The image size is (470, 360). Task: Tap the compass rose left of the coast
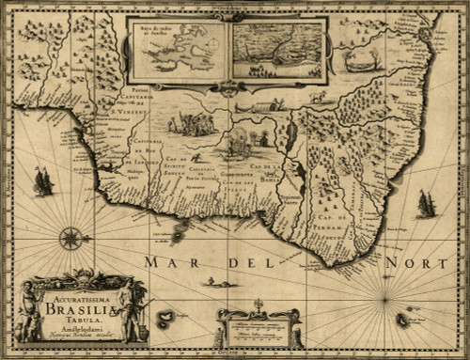point(72,238)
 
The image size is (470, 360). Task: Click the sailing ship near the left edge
point(41,180)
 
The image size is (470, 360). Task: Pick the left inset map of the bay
point(178,50)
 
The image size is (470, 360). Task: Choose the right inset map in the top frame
point(277,50)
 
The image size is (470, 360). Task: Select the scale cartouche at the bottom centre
point(258,329)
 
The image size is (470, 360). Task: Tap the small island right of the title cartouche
point(166,319)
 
